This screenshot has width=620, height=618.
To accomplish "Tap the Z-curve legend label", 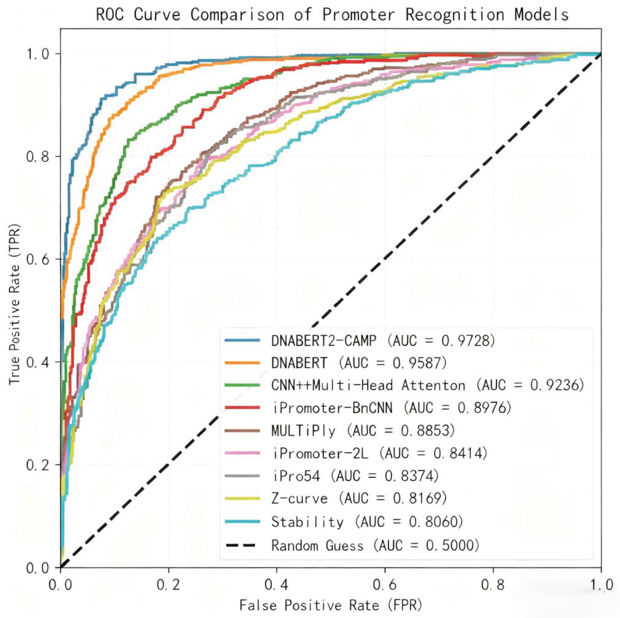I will point(299,498).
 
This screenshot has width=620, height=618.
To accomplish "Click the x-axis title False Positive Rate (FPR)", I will point(331,605).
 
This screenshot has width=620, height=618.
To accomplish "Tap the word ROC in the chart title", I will point(110,15).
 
